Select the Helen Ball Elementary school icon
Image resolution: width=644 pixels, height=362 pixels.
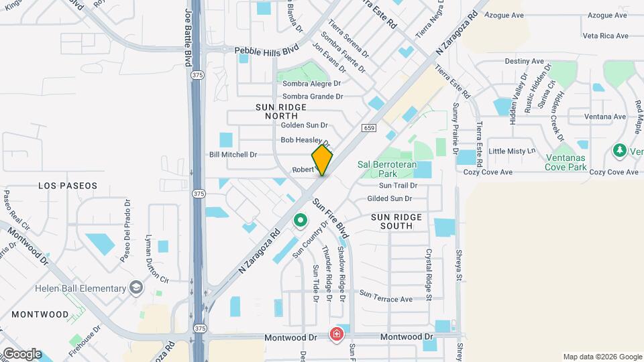(137, 288)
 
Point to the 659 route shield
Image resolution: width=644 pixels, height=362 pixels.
(371, 127)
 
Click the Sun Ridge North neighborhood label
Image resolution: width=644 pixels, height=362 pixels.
(281, 111)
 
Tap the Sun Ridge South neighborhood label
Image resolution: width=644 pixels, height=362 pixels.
(396, 221)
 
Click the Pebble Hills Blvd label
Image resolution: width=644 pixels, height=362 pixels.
(266, 50)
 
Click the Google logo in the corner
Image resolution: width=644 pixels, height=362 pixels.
(21, 354)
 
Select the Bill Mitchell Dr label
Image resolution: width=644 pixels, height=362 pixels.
(233, 154)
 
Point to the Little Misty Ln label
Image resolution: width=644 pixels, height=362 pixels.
(512, 151)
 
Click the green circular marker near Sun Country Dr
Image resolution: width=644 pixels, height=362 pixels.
(301, 219)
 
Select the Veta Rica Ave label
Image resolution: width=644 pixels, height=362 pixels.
(605, 36)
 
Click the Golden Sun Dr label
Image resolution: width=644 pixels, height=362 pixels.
(304, 125)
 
